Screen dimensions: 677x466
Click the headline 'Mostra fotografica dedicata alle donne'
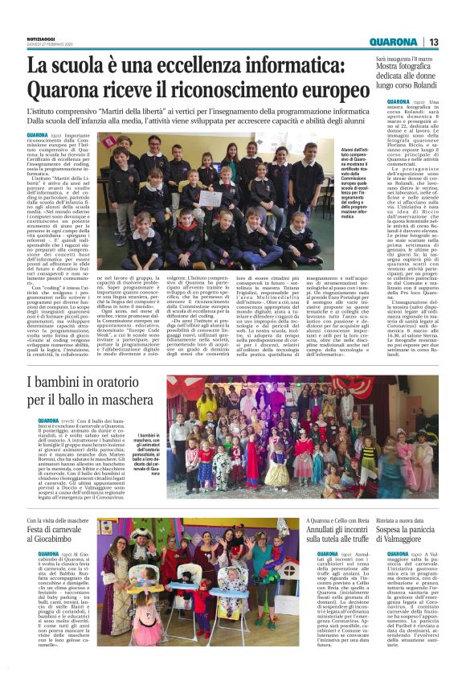click(409, 75)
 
